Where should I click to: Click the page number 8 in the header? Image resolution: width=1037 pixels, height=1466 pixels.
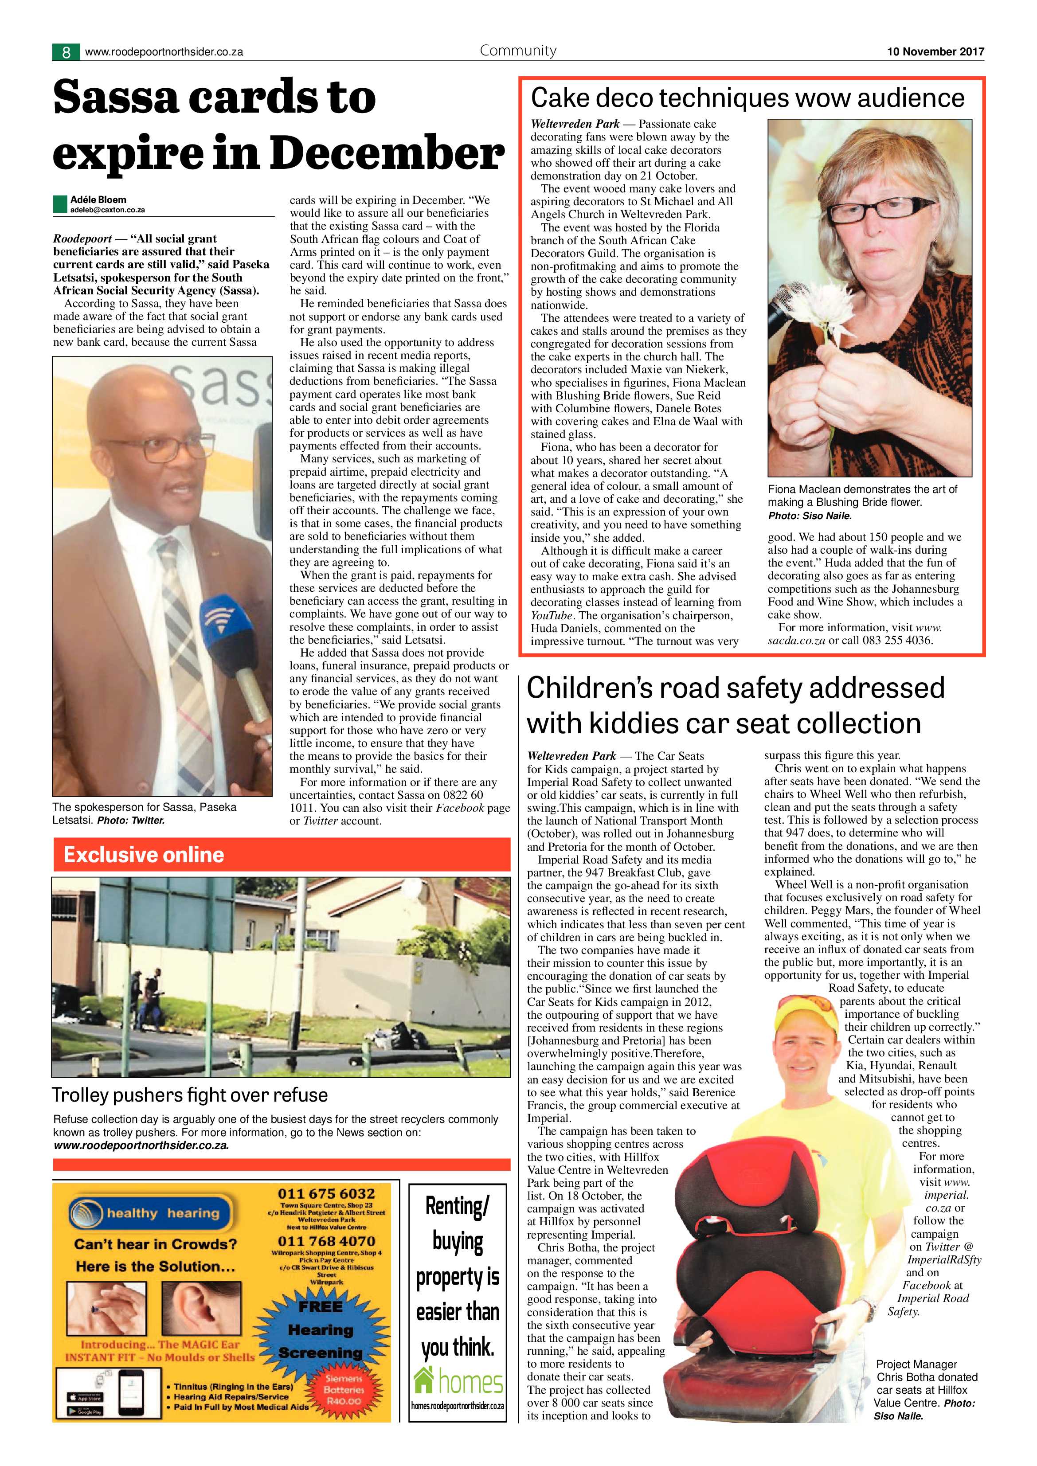(x=66, y=52)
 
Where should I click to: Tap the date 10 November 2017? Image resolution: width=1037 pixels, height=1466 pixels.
(x=935, y=52)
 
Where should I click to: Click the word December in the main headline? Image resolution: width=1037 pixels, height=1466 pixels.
(x=387, y=154)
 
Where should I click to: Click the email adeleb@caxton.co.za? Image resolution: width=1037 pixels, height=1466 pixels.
(x=107, y=209)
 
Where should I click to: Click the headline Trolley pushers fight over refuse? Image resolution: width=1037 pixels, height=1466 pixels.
(x=190, y=1095)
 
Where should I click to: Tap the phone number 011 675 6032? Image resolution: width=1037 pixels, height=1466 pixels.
(x=326, y=1193)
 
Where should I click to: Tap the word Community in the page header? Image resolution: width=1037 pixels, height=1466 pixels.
(x=518, y=51)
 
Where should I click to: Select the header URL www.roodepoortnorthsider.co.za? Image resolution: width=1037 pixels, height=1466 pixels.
(x=164, y=52)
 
